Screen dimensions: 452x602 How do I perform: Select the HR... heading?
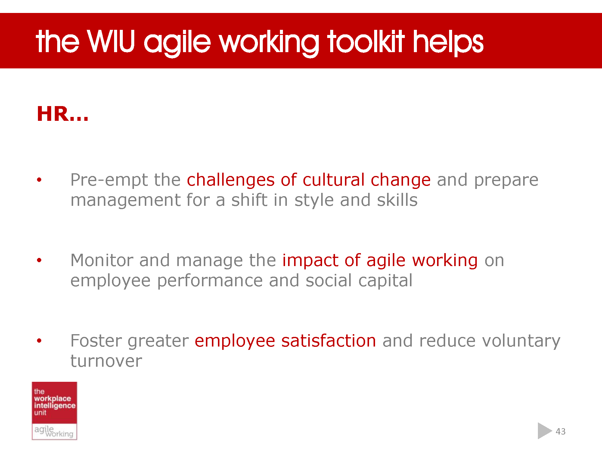[x=63, y=114]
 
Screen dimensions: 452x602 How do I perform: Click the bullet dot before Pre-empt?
[x=39, y=180]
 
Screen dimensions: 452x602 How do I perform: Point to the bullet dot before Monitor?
[x=39, y=260]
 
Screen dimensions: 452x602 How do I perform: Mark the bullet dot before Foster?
[x=39, y=341]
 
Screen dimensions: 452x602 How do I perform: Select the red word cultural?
[x=334, y=180]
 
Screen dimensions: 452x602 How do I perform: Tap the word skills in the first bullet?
[x=397, y=200]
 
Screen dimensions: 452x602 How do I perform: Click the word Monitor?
[x=102, y=260]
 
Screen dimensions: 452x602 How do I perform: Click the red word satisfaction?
[x=328, y=341]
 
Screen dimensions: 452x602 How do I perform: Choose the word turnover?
[x=106, y=361]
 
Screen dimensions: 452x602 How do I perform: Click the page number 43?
[x=560, y=432]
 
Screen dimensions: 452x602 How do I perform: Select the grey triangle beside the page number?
[x=544, y=431]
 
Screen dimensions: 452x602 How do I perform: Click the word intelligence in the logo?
[x=54, y=406]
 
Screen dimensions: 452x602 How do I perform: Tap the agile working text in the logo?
[x=54, y=431]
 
